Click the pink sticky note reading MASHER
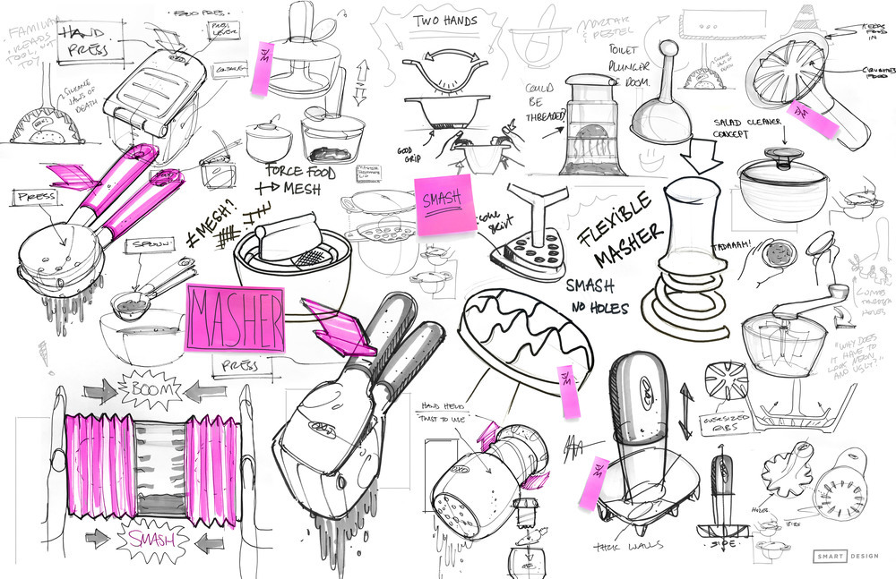(x=235, y=318)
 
